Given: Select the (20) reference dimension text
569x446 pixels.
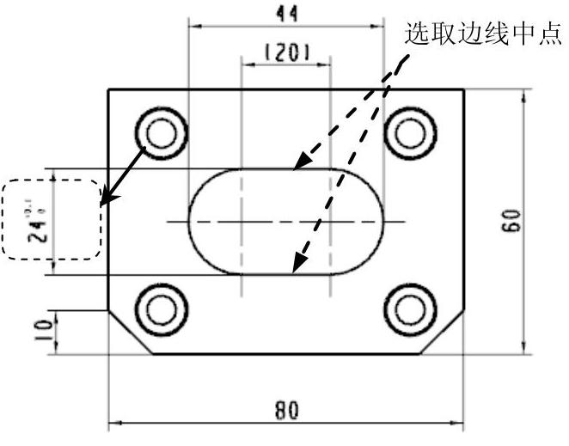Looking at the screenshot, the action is click(286, 52).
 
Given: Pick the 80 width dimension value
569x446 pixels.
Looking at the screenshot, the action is click(286, 410).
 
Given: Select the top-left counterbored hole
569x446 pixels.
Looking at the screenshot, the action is click(161, 133).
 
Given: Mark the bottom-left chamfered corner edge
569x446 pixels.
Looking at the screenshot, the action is click(130, 332).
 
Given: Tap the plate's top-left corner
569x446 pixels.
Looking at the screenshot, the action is click(107, 89).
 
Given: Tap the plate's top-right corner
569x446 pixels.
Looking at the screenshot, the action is click(464, 89).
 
